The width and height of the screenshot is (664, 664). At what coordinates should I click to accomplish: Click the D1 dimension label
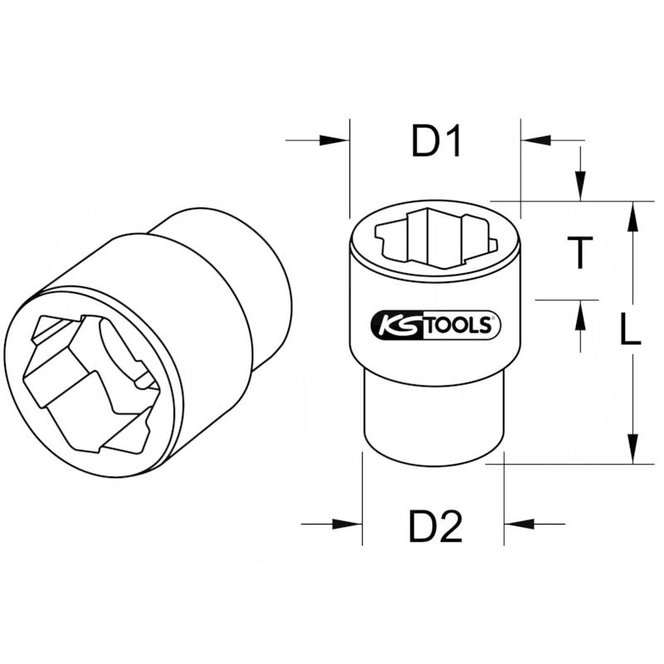click(x=437, y=142)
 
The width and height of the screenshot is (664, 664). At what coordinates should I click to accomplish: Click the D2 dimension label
click(x=435, y=526)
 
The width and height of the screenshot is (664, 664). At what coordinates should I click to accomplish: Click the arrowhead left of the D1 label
click(x=337, y=140)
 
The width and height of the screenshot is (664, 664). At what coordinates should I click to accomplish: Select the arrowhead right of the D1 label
click(x=536, y=140)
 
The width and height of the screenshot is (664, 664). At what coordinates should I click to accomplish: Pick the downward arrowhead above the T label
click(x=581, y=187)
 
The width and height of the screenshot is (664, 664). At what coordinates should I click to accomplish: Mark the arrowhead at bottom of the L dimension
click(x=632, y=448)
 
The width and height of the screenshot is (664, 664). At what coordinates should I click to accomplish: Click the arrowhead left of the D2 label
click(x=349, y=524)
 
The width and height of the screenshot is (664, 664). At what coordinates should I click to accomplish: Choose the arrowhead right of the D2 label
click(x=518, y=524)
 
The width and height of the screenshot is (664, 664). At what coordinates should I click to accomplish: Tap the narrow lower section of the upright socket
click(x=433, y=419)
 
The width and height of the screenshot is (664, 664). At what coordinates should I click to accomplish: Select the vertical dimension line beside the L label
click(x=632, y=390)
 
